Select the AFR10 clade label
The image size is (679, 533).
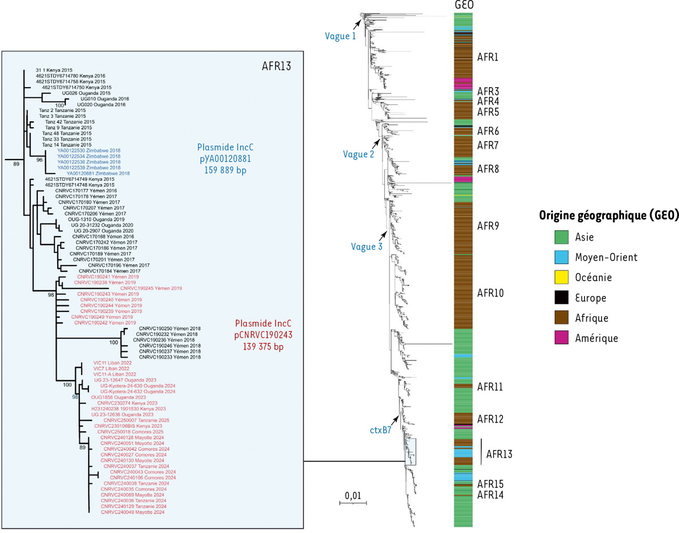491,293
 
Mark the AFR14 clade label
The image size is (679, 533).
490,495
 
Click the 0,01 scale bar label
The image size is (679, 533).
353,495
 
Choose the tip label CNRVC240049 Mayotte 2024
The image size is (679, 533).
132,513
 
